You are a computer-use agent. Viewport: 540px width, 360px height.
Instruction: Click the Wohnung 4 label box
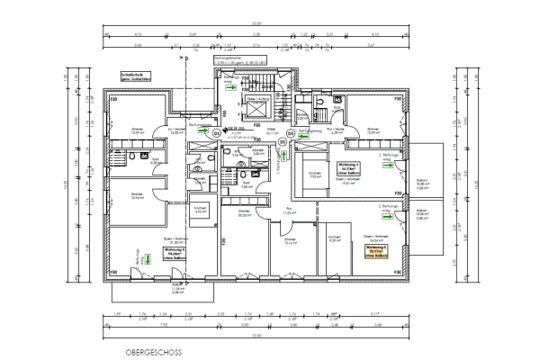pyautogui.click(x=175, y=255)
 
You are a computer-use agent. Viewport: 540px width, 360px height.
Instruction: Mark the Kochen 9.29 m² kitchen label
pyautogui.click(x=332, y=240)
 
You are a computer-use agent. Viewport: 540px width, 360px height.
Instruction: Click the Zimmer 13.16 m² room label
pyautogui.click(x=289, y=241)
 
